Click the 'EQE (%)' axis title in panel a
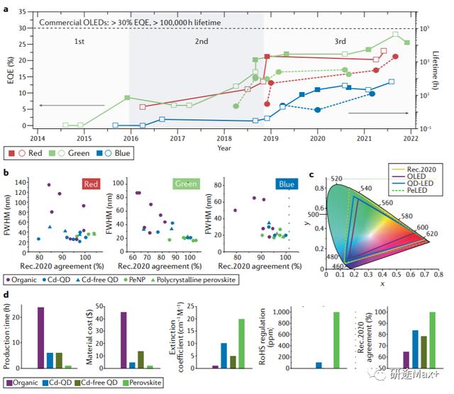[11, 72]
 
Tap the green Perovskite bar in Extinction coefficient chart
[242, 343]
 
